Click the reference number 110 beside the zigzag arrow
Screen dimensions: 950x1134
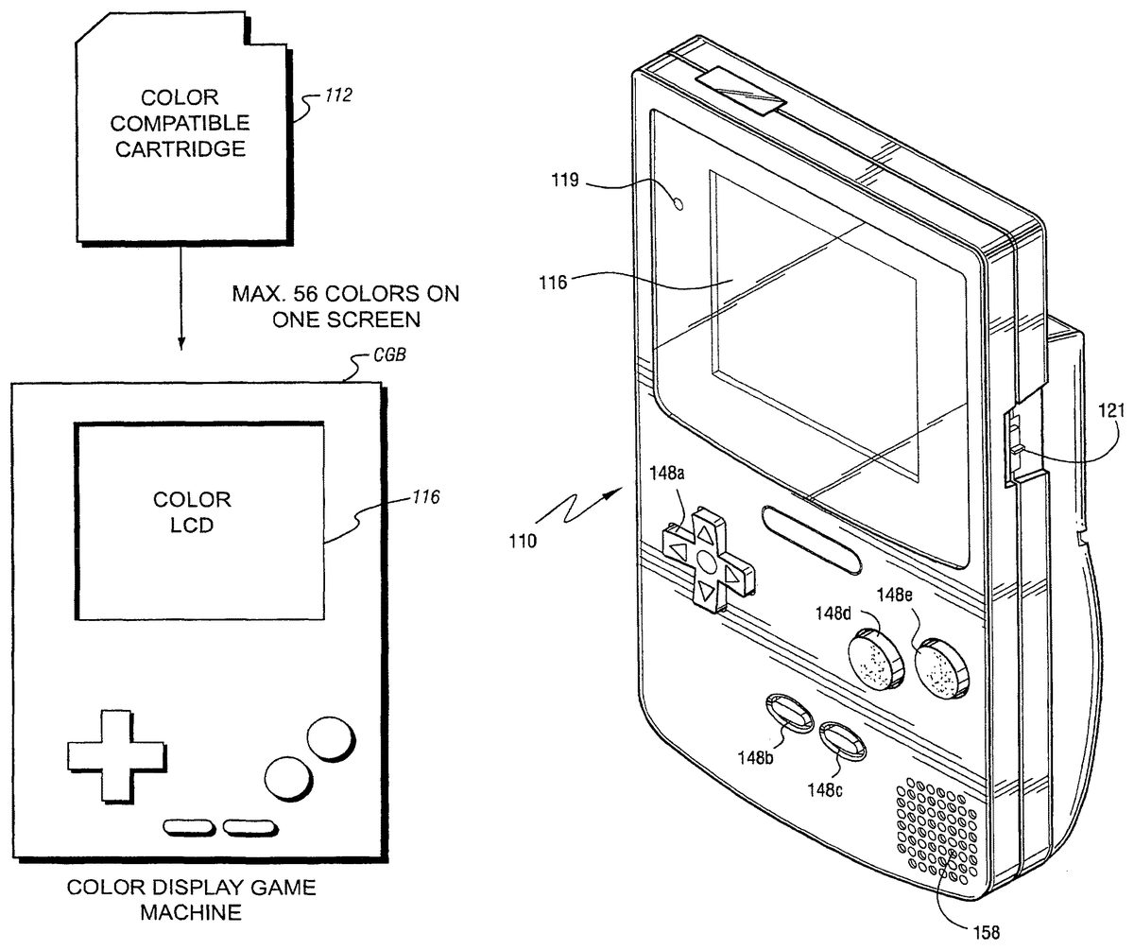click(x=519, y=543)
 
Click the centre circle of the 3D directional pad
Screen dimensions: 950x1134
click(x=704, y=563)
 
